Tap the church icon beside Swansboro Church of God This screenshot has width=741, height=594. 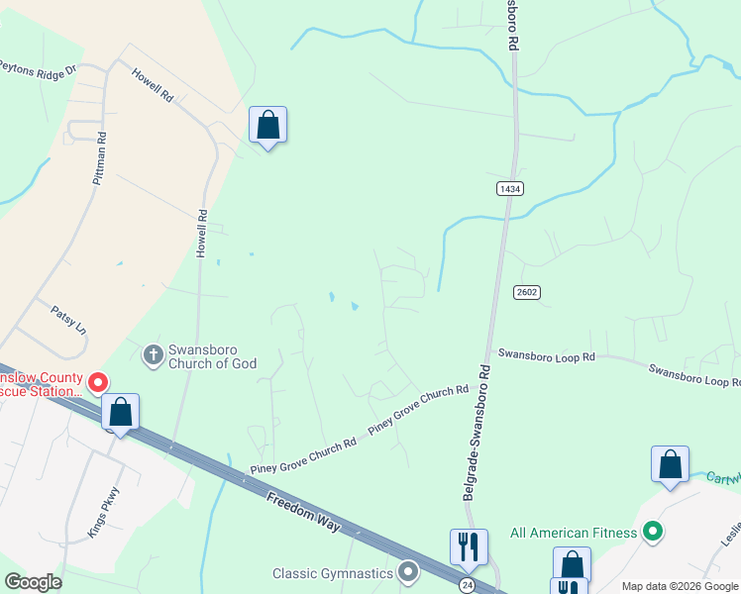(x=154, y=353)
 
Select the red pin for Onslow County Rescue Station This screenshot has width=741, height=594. (x=98, y=381)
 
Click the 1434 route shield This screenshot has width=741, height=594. (x=510, y=188)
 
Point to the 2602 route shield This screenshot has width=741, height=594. (x=526, y=292)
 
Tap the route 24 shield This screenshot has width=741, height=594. (x=467, y=586)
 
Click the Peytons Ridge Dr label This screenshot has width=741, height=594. (x=38, y=68)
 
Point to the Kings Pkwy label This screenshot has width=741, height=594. (x=103, y=511)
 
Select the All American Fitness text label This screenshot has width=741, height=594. (x=574, y=533)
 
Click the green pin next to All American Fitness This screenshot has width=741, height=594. (x=652, y=533)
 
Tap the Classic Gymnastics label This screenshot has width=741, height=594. (x=334, y=573)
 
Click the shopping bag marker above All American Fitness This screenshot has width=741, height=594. (x=670, y=464)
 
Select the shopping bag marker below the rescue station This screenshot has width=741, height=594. (x=120, y=412)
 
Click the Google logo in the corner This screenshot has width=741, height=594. (x=33, y=582)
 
